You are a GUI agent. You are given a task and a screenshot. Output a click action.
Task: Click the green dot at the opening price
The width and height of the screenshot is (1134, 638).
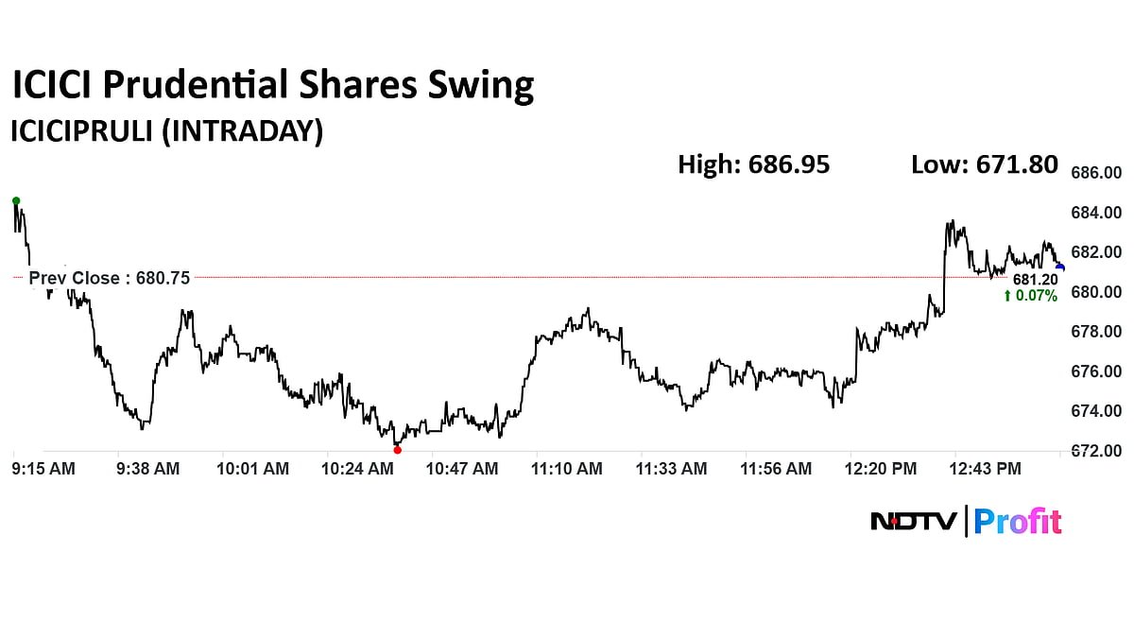(16, 200)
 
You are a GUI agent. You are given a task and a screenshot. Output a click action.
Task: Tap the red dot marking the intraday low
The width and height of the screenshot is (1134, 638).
(397, 450)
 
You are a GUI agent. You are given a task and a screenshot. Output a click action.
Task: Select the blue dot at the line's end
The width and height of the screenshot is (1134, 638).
(1060, 268)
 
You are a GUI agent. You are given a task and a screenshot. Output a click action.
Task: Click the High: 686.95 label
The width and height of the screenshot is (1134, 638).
(753, 164)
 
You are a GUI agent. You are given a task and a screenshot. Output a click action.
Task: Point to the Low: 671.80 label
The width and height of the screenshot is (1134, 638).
(984, 164)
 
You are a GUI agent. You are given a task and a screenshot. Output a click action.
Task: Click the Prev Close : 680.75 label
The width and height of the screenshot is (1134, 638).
(110, 278)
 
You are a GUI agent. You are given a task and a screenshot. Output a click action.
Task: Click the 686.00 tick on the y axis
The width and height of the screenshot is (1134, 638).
(1096, 173)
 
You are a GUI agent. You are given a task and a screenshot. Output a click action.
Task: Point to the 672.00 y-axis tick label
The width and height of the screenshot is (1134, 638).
(1096, 452)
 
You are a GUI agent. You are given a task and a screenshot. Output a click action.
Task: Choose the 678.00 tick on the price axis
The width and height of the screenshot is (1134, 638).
(1096, 332)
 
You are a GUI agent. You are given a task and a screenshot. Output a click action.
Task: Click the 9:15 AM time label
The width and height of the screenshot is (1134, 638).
(43, 469)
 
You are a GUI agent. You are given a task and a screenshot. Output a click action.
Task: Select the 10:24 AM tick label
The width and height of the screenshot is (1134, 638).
(357, 469)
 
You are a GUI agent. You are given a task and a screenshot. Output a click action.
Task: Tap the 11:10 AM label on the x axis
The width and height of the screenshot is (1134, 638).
(566, 469)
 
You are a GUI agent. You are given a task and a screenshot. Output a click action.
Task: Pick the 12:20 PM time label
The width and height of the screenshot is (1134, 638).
(880, 469)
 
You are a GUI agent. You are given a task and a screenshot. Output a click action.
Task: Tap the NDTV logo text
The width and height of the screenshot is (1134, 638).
(912, 521)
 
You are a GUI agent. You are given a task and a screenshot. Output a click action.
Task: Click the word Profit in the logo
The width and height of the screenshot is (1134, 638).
(1018, 521)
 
